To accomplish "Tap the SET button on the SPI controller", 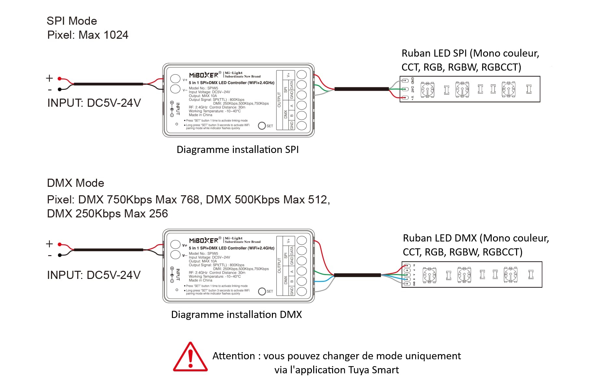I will coord(262,126).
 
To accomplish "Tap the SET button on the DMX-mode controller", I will coord(262,291).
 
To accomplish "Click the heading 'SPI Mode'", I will coord(72,21).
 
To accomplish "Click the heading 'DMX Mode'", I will coord(76,183).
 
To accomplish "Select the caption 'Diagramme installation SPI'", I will coord(237,149).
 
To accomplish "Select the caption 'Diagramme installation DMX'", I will coord(236,315).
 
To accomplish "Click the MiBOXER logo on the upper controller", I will coord(204,75).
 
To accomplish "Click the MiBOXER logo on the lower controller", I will coord(204,241).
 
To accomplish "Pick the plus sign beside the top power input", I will coord(49,78).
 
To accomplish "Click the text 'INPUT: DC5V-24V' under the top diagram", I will coord(94,103).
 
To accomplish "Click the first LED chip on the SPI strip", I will coord(427,90).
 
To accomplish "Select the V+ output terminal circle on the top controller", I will coord(302,75).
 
